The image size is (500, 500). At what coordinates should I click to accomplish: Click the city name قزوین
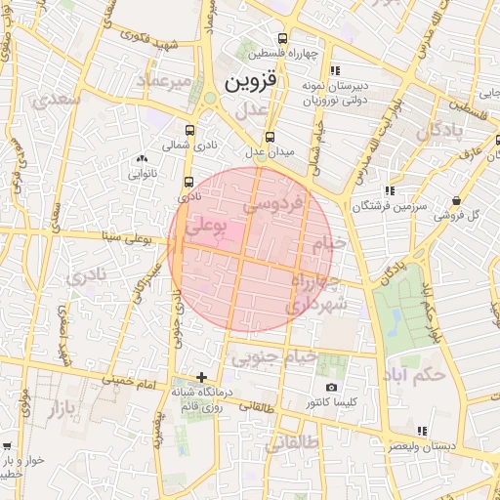coord(252,82)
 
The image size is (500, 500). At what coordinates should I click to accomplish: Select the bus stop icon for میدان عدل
coord(270,137)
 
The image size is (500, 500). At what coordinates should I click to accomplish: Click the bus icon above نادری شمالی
coord(188,128)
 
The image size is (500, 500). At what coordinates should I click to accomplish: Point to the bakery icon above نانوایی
coord(143,158)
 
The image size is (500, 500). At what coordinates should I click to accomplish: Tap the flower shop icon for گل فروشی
coord(457,201)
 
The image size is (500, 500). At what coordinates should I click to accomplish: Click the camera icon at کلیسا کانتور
coord(332,388)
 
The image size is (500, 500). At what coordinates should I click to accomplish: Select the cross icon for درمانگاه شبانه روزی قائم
coord(201,377)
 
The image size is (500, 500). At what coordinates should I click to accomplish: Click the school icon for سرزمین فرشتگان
coord(390,190)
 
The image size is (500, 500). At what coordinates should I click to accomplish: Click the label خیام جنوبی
coord(273,357)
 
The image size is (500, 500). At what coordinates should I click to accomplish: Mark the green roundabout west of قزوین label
coord(211,99)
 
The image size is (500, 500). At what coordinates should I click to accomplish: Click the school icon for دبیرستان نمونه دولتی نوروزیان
coord(335,70)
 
